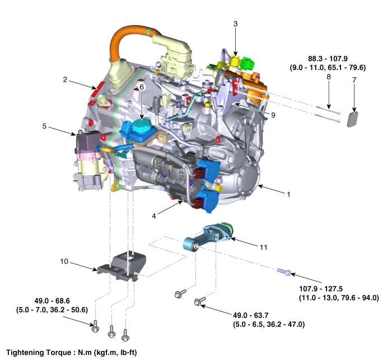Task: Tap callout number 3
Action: (236, 24)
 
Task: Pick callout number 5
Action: (44, 127)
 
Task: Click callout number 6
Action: (142, 87)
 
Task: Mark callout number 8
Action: (329, 76)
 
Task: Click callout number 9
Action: (273, 115)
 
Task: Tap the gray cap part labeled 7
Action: (354, 119)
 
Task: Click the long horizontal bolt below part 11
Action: (283, 272)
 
